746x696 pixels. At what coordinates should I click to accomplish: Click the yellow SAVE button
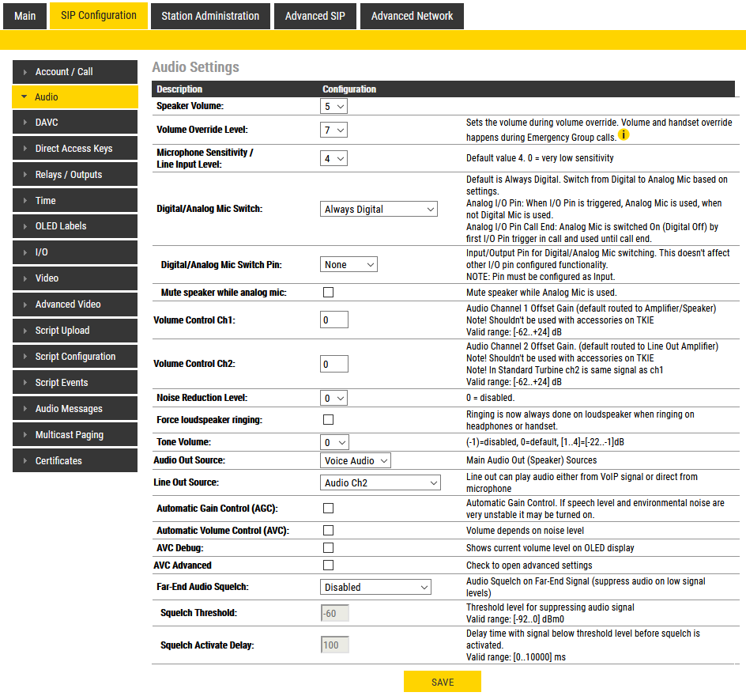pos(442,682)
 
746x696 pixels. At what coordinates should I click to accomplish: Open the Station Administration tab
pos(210,16)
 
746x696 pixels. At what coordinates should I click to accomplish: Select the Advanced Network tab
pos(412,16)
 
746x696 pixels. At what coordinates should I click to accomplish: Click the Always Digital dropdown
pos(379,210)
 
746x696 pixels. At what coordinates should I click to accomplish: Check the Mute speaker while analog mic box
pos(329,293)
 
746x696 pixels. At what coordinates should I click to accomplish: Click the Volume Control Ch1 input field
pos(334,320)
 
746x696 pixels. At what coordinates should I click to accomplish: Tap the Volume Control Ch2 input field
pos(334,364)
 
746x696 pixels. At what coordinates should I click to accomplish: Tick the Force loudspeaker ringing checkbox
pos(329,420)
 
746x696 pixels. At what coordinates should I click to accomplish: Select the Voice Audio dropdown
pos(356,460)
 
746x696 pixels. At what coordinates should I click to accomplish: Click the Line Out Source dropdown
pos(381,482)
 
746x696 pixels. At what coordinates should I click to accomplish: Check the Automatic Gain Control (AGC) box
pos(329,508)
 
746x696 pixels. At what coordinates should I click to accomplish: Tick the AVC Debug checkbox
pos(329,548)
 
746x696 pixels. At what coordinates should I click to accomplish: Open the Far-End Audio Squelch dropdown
pos(376,587)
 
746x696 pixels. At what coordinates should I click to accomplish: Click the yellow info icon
pos(624,135)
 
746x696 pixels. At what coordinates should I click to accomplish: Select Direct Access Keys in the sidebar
pos(74,149)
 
